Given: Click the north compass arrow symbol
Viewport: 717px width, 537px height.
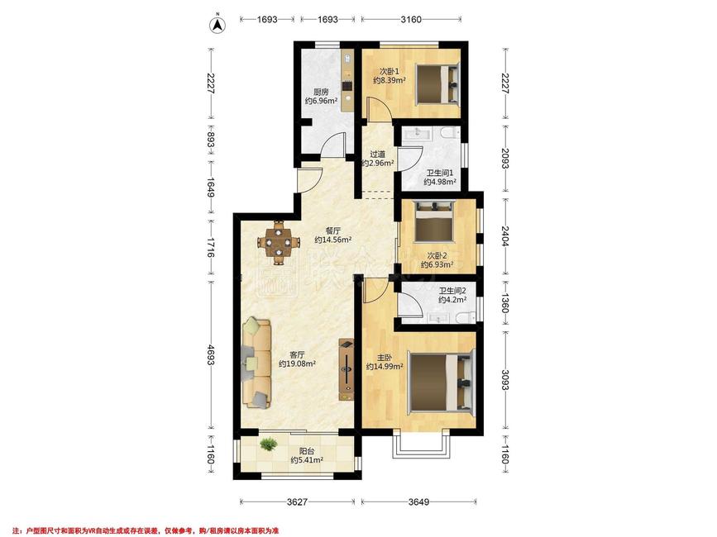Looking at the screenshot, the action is click(x=218, y=25).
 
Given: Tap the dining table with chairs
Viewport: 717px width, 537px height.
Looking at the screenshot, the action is click(x=278, y=242).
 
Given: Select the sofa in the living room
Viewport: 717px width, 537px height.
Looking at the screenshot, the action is click(x=256, y=364).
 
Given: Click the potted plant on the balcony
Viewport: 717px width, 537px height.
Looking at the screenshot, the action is click(x=268, y=444).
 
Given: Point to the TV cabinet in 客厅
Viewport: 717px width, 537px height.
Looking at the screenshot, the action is click(x=347, y=369).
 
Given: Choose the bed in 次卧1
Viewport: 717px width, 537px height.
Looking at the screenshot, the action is click(x=437, y=84).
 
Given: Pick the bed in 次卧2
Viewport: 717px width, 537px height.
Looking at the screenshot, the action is click(x=433, y=221).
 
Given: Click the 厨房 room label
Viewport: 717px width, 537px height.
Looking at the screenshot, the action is click(x=321, y=92).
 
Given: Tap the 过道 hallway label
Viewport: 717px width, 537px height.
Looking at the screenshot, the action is click(x=377, y=154).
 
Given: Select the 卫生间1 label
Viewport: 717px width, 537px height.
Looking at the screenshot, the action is click(x=439, y=173).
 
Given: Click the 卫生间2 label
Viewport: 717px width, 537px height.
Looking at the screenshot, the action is click(x=452, y=291).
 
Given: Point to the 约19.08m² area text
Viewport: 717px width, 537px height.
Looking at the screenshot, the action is click(x=297, y=364).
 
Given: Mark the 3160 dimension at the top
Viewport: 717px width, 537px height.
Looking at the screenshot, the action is click(x=411, y=19).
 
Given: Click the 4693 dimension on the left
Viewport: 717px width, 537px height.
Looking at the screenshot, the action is click(x=211, y=354).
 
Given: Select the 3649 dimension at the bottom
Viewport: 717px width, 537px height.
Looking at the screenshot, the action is click(x=418, y=501).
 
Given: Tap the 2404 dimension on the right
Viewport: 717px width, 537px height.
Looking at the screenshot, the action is click(x=504, y=236).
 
